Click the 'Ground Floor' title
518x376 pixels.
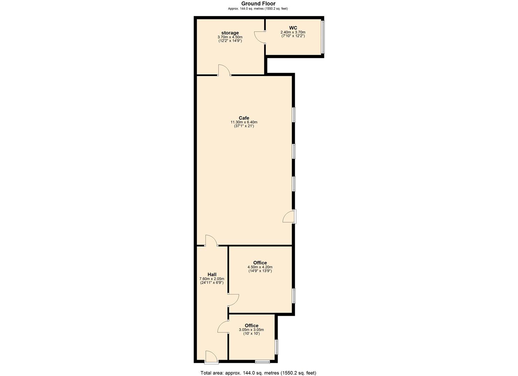pos(258,4)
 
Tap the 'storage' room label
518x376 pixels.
pos(230,33)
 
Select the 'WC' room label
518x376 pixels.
pos(293,28)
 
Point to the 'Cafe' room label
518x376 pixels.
pos(244,118)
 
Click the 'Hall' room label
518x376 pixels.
pos(212,274)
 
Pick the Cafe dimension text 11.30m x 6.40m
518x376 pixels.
pos(244,122)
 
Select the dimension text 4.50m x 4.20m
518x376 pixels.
pos(260,267)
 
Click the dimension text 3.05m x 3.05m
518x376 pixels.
pos(251,330)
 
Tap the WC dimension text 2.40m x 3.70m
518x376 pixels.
pos(293,32)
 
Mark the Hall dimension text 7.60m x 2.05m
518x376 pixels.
pos(212,279)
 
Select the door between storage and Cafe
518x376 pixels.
pos(224,71)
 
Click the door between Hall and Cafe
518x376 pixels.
pos(211,241)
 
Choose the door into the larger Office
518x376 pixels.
pos(233,300)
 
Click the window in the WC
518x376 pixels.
pos(323,37)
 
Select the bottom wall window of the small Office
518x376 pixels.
pos(262,361)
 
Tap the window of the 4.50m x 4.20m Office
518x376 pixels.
pos(294,296)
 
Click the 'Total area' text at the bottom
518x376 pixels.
pos(258,373)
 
